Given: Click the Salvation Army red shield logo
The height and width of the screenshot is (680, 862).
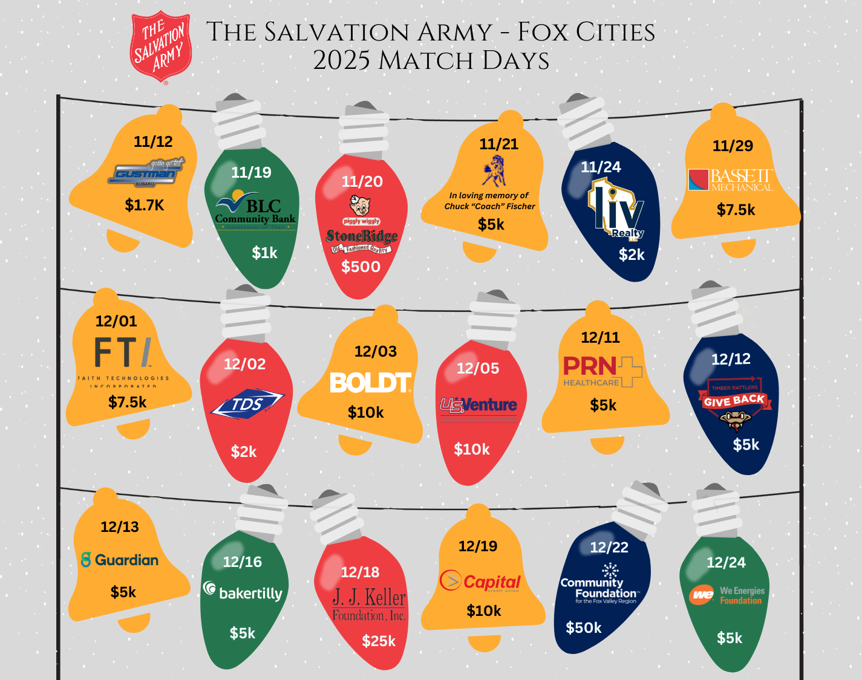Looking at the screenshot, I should point(161,47).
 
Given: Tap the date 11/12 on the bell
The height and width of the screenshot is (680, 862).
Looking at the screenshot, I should point(153,141).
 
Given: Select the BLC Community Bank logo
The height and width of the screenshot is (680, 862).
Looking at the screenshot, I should point(255,211).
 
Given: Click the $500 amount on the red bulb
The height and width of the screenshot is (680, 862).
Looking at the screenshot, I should point(361,267).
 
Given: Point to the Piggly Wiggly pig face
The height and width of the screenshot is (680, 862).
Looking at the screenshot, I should point(361,206).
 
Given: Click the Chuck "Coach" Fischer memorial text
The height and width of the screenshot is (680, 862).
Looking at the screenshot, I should point(489,201).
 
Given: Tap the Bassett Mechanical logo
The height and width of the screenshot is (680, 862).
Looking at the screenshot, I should point(731,180).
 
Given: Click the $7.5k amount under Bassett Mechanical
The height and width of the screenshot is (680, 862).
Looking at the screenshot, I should point(736,210).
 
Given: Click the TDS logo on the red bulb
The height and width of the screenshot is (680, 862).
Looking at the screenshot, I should point(247,404).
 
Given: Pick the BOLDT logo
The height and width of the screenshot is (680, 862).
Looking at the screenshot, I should point(370,383).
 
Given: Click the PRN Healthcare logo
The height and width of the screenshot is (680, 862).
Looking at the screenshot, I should point(602,371).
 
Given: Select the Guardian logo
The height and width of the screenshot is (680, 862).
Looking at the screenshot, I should point(120,560).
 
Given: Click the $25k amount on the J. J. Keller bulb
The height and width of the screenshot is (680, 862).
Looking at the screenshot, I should point(379,641).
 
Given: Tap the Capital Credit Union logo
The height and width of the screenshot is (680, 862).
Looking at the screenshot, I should point(480,581).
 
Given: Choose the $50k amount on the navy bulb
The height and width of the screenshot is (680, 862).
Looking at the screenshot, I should point(584,628).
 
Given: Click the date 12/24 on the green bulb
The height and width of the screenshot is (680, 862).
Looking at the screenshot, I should point(726,562).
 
